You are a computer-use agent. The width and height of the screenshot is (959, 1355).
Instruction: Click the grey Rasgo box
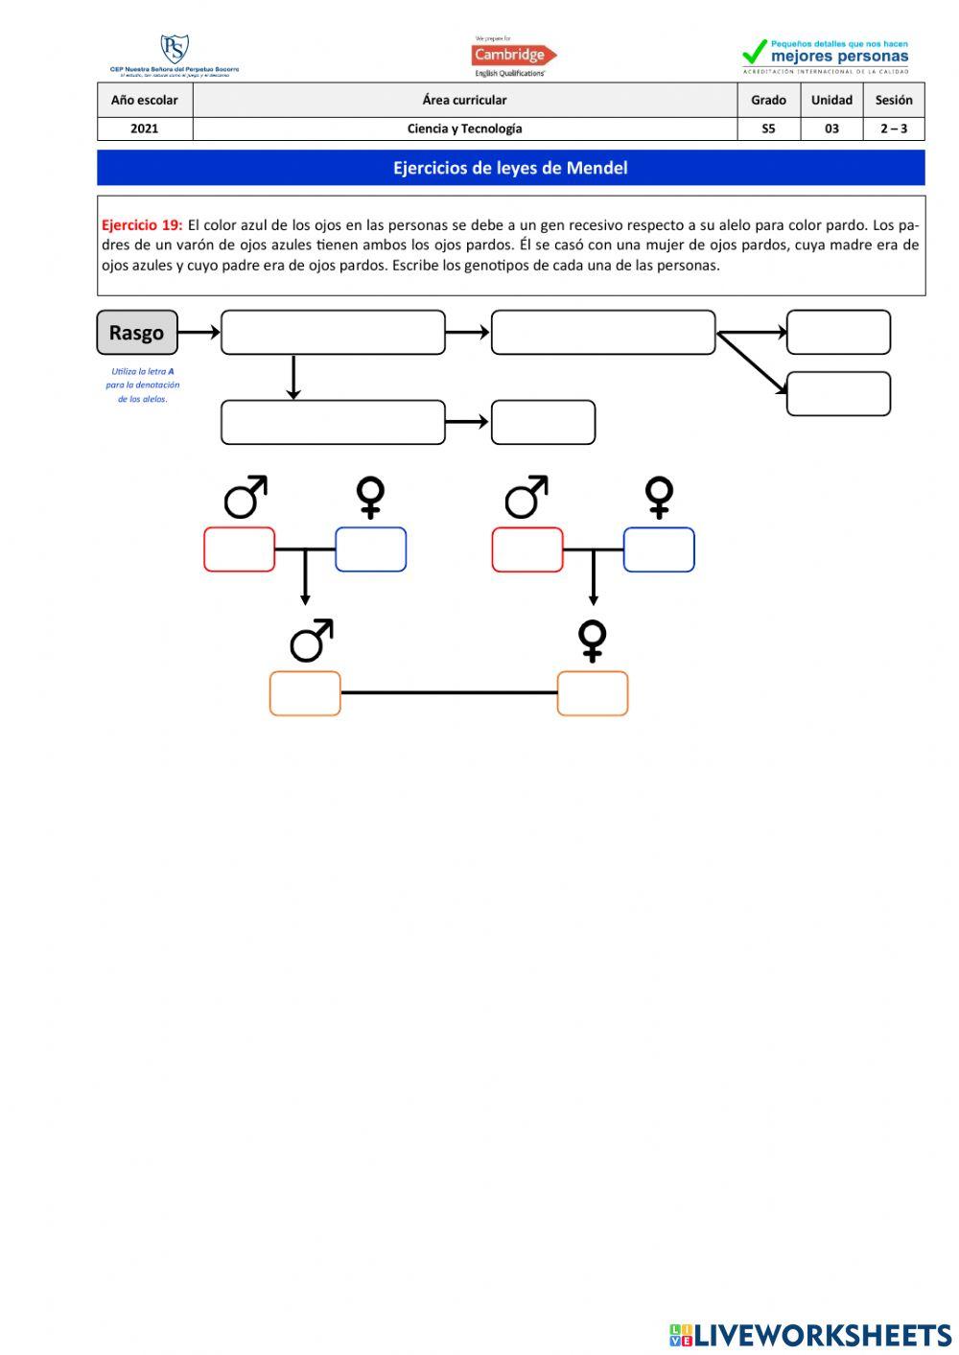137,333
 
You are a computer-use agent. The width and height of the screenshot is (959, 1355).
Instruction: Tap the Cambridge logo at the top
513,56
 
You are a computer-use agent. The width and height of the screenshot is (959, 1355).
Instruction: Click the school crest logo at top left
175,50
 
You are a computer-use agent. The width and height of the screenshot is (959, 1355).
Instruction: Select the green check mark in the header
755,52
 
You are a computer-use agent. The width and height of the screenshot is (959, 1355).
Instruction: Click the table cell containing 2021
145,128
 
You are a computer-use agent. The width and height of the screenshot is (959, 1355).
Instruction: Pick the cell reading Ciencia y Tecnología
465,128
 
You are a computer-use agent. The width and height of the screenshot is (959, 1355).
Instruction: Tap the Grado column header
768,100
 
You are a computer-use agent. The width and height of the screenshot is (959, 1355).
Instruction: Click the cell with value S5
768,128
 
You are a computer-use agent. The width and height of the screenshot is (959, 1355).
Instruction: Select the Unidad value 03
831,128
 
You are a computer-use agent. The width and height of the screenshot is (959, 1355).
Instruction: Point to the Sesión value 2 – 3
894,128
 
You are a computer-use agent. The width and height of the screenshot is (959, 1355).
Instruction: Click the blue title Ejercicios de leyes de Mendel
510,168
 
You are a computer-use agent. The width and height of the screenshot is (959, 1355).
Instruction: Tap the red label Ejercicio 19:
142,225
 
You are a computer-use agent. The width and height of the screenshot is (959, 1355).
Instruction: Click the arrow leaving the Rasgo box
199,333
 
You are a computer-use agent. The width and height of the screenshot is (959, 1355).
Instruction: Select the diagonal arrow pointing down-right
753,362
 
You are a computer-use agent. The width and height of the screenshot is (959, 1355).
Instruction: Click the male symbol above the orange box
312,641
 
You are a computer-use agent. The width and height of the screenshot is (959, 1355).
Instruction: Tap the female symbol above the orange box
593,641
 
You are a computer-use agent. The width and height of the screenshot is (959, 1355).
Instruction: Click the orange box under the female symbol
593,693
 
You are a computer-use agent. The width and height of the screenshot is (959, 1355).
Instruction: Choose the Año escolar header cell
145,100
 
